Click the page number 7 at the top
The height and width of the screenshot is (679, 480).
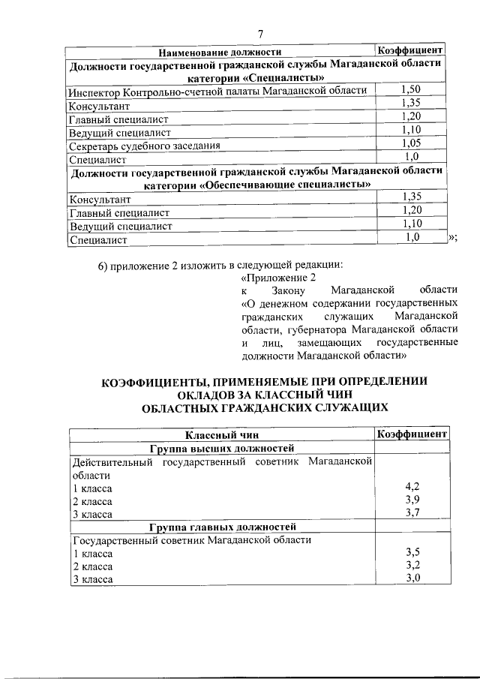259,34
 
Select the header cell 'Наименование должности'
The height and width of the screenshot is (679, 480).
219,52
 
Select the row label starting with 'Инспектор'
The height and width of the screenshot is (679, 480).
217,91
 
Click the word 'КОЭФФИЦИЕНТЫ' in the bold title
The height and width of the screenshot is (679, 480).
154,380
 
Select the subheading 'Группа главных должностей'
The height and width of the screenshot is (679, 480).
223,527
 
